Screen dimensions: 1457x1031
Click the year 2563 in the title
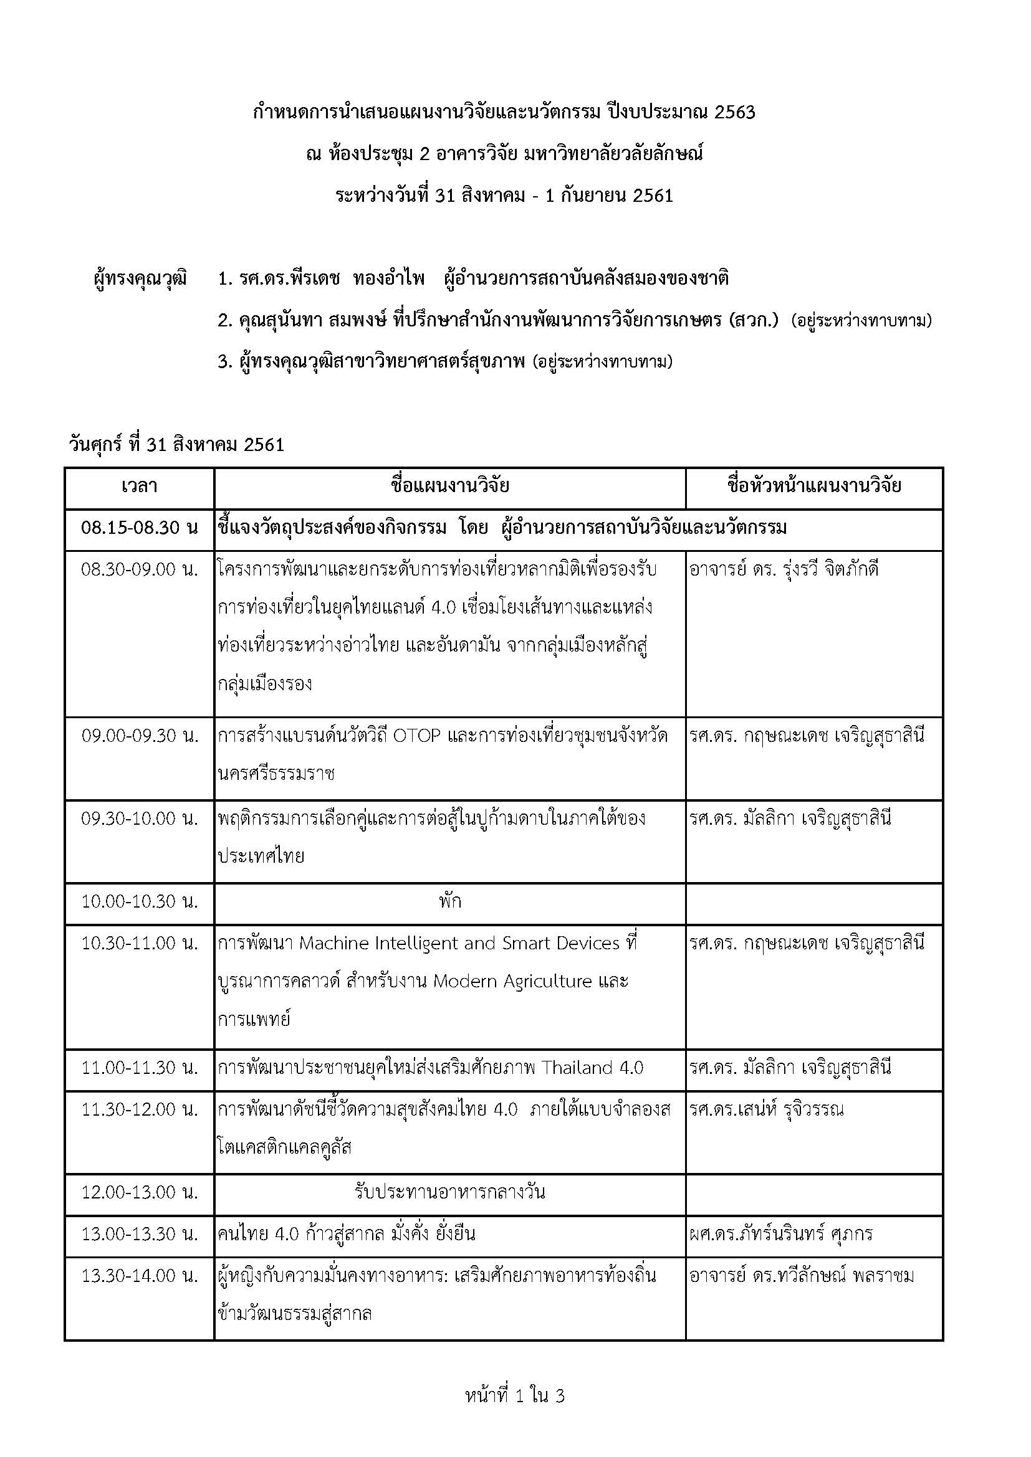point(734,113)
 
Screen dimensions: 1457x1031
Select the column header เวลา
point(139,486)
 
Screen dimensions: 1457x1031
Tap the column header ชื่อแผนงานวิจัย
point(449,486)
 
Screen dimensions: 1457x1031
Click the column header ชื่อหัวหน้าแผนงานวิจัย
point(814,486)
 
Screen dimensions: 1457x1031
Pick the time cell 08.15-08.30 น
point(139,528)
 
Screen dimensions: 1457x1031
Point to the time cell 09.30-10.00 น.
point(139,819)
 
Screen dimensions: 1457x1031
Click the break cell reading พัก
point(449,902)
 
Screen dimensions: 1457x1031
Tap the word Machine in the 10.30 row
point(334,944)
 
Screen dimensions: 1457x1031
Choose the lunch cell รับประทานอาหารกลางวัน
point(449,1192)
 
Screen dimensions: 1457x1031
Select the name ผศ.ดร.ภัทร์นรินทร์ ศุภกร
point(781,1234)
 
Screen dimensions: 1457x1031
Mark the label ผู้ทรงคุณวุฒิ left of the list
point(140,279)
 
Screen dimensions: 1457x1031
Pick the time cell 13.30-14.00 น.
point(139,1276)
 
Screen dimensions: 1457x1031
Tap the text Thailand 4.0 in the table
point(592,1068)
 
